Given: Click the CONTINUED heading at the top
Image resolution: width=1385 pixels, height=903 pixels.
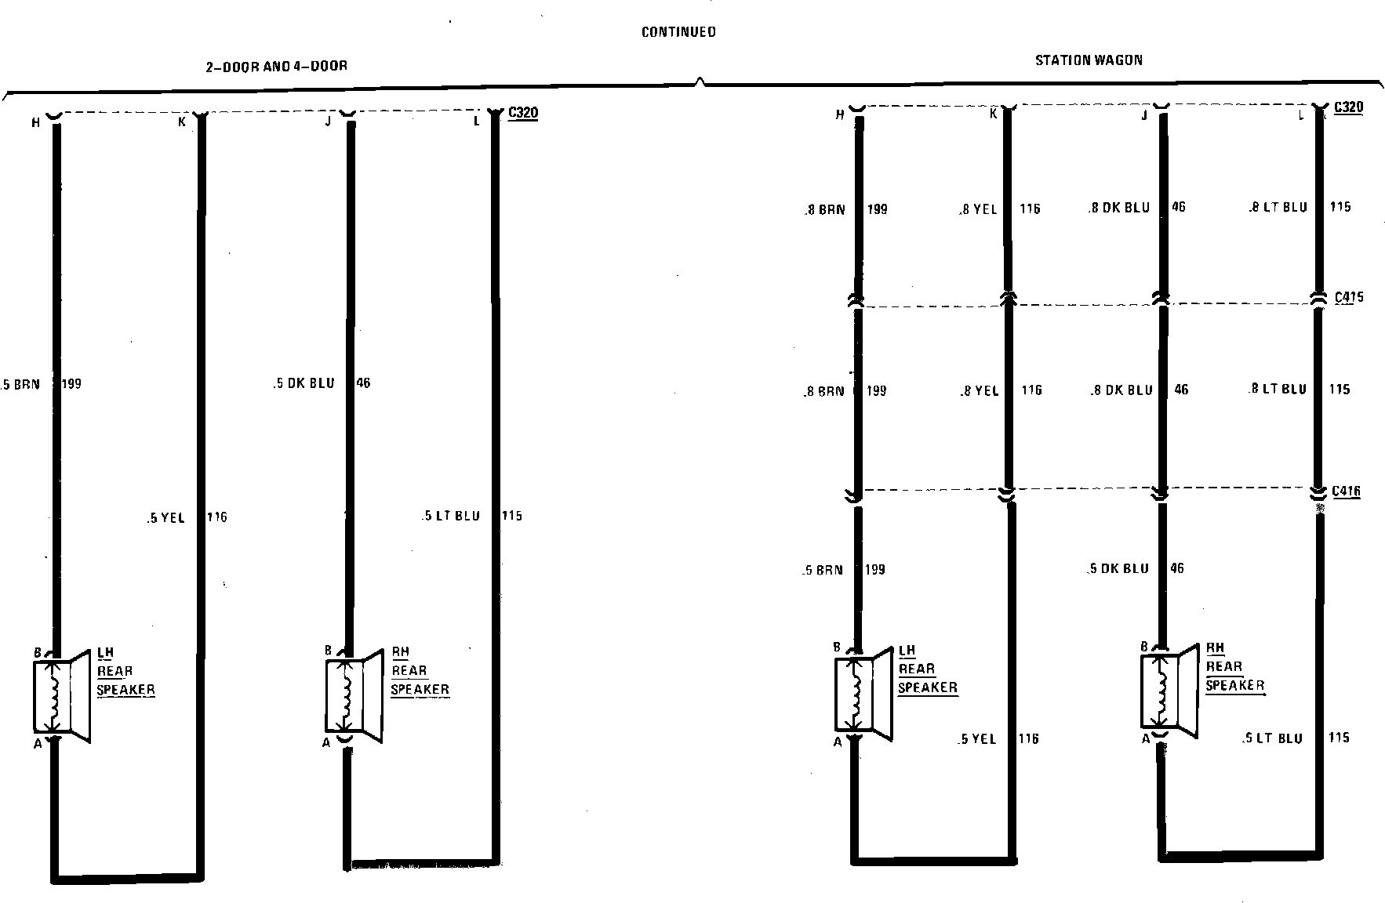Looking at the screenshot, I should [x=678, y=32].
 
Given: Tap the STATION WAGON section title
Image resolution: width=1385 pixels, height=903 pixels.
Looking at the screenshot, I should [x=1089, y=60].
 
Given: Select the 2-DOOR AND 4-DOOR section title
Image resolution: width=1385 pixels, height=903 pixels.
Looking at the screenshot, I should [x=276, y=67].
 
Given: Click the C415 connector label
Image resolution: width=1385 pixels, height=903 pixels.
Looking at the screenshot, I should [x=1348, y=297].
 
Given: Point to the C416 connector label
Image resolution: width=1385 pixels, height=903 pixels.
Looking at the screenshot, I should [x=1346, y=491].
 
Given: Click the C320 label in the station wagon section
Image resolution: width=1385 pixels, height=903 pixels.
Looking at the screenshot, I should [x=1348, y=107].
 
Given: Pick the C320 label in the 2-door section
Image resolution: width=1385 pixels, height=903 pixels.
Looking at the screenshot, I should [x=523, y=113].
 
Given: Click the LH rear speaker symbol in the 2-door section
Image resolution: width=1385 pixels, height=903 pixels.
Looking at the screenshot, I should [x=62, y=696].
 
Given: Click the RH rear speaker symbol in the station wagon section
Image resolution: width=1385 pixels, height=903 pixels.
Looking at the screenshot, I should [x=1169, y=691].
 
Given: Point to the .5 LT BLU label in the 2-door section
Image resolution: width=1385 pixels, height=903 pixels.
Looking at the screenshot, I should [x=451, y=516].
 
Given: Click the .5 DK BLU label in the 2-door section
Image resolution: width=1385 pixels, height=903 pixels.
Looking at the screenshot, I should [x=304, y=383].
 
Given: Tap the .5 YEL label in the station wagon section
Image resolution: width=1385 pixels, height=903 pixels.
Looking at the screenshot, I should [x=977, y=738].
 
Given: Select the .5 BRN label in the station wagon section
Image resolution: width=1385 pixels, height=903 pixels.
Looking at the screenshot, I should [x=823, y=570].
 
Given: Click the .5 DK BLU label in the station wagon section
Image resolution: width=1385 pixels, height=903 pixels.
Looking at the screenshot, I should [x=1119, y=568].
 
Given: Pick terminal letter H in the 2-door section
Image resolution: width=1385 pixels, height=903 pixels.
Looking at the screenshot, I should [x=35, y=122].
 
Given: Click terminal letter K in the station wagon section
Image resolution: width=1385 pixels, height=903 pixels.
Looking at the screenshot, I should [x=993, y=114].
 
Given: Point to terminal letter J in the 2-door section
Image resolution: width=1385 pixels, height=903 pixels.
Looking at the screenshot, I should [x=328, y=121].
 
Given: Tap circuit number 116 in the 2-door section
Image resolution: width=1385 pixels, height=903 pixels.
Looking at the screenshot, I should [x=216, y=517].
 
